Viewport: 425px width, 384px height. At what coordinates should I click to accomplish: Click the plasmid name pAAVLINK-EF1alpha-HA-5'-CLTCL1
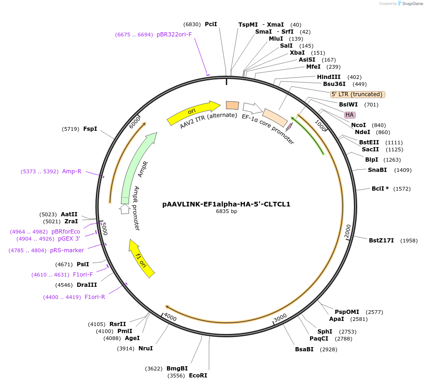click(x=226, y=204)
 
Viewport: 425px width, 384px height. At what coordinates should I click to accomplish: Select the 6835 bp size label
click(x=226, y=211)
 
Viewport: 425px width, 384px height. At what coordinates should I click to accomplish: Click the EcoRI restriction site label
click(x=198, y=375)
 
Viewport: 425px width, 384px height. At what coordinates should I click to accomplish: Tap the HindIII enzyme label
click(x=329, y=77)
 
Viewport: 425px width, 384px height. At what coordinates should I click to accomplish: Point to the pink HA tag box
click(x=350, y=115)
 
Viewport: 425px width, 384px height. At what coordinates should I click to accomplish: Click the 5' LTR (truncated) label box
click(x=357, y=94)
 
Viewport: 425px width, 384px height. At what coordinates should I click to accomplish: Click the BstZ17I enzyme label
click(x=382, y=241)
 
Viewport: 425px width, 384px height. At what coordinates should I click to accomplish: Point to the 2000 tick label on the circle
click(x=347, y=231)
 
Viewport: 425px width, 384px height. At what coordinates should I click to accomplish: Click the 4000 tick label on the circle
click(x=170, y=317)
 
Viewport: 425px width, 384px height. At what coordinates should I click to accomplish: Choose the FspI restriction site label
click(x=90, y=128)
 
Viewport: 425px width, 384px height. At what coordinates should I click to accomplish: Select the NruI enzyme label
click(x=145, y=348)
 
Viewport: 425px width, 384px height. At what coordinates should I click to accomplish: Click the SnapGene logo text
click(x=412, y=3)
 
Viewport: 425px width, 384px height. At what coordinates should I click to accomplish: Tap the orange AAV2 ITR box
click(x=232, y=106)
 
